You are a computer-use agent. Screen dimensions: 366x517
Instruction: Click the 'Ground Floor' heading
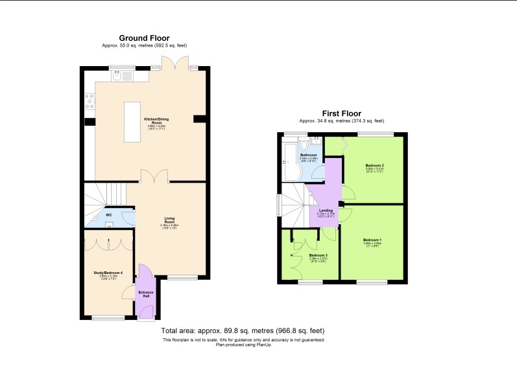[144, 38]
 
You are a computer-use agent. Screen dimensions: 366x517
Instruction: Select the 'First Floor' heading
[341, 113]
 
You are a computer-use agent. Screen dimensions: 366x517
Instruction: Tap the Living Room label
[170, 219]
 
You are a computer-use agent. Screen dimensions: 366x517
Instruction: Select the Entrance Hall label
[147, 293]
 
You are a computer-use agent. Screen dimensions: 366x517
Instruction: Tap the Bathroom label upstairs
[308, 155]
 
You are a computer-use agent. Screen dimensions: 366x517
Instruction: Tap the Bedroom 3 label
[318, 255]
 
